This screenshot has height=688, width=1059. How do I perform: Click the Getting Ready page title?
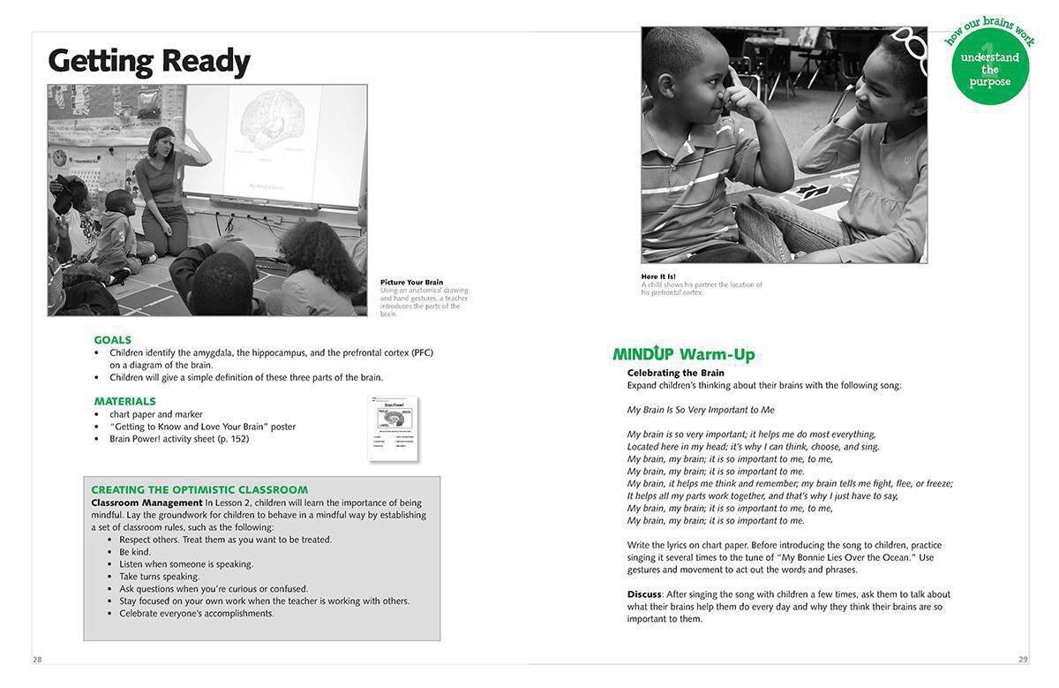[x=149, y=61]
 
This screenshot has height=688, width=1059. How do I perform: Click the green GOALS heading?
[x=112, y=340]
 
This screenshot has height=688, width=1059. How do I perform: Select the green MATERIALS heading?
[x=124, y=401]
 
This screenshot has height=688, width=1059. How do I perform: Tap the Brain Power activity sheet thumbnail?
[x=393, y=428]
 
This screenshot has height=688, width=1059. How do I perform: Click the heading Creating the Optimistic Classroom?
[x=199, y=489]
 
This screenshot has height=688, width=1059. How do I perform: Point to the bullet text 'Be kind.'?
[x=135, y=552]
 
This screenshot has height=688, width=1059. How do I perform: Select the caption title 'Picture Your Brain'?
[x=411, y=283]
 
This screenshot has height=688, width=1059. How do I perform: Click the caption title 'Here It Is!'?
[x=658, y=276]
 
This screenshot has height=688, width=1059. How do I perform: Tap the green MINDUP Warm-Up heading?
[x=684, y=354]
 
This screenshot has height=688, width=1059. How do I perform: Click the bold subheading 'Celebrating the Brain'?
[x=675, y=373]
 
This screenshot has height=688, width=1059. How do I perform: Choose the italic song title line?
[x=701, y=410]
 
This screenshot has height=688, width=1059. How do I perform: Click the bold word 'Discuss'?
[x=644, y=594]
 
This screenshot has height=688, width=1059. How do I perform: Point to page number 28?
[x=37, y=660]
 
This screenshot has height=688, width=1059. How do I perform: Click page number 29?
[x=1023, y=660]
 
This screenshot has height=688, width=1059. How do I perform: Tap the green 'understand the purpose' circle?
[x=990, y=67]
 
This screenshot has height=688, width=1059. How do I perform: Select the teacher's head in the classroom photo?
[x=163, y=139]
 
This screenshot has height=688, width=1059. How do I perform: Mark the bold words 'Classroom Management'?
[x=146, y=503]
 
